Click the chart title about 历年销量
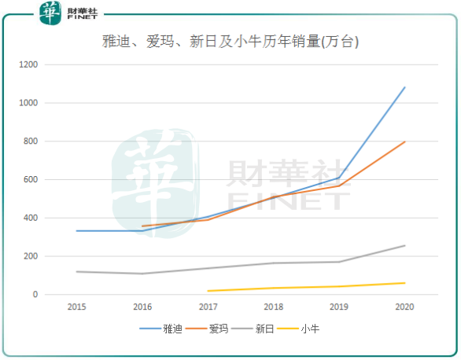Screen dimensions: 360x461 click(x=230, y=42)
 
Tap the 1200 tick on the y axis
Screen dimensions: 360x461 click(x=50, y=64)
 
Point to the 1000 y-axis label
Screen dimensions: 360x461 click(x=50, y=103)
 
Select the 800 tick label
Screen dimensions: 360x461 click(x=53, y=141)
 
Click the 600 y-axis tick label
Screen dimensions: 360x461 click(x=53, y=179)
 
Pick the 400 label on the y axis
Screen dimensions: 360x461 click(x=53, y=218)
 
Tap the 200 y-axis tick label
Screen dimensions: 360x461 click(x=53, y=256)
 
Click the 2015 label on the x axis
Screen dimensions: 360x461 click(x=77, y=307)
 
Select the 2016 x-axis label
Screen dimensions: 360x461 click(x=142, y=307)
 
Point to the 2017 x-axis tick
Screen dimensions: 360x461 click(x=208, y=307)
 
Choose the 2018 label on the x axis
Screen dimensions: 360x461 click(x=274, y=307)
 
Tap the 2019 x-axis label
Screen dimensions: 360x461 click(x=339, y=307)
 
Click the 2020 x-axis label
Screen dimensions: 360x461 click(x=405, y=307)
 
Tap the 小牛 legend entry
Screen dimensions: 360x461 click(x=310, y=330)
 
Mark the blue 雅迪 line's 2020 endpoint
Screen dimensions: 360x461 click(x=405, y=87)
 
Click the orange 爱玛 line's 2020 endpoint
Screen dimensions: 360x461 click(x=405, y=141)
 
